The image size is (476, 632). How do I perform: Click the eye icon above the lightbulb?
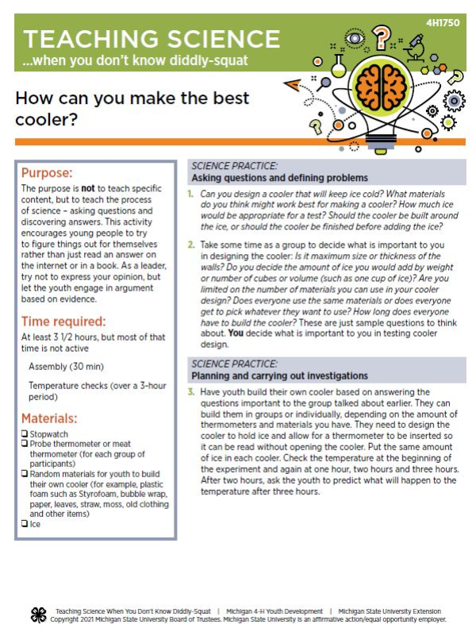355,37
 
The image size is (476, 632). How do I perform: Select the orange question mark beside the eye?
383,36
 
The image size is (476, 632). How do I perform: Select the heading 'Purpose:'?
47,172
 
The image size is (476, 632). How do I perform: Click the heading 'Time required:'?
63,322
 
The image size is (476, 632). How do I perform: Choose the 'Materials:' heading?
49,418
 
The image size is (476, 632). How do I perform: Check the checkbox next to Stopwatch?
25,435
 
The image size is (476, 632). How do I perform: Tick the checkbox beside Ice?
25,524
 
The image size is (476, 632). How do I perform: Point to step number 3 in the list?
191,392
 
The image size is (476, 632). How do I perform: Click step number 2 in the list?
191,245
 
